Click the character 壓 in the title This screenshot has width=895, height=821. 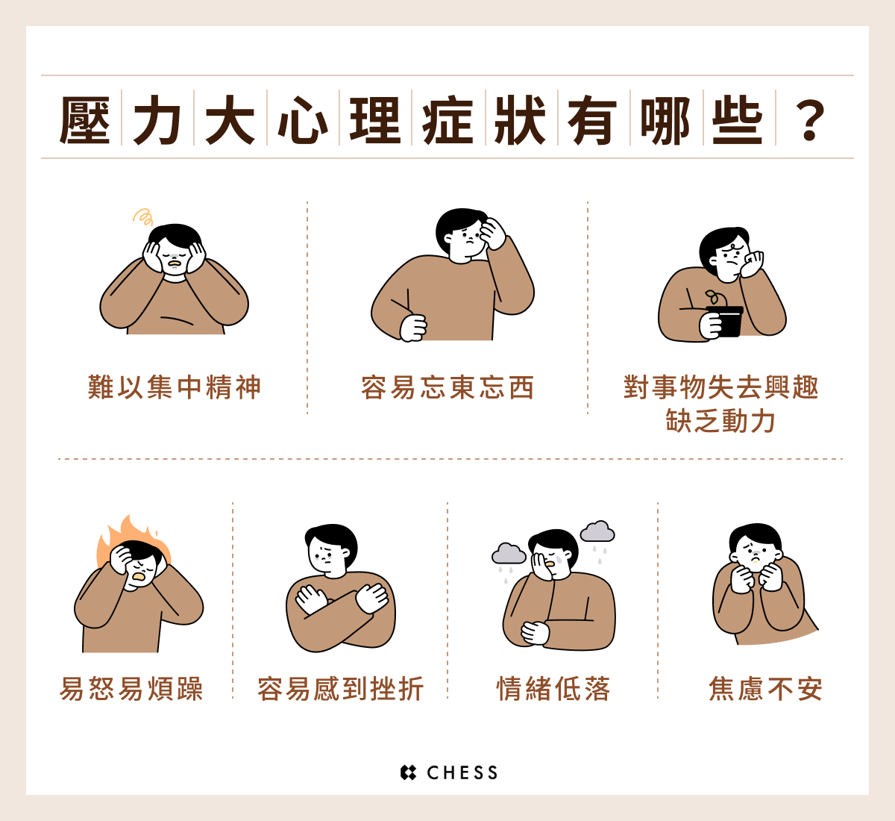[85, 120]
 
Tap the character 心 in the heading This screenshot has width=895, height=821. [303, 120]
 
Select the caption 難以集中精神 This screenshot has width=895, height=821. [174, 387]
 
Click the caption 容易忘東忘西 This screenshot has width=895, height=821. [447, 387]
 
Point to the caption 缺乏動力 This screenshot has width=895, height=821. [720, 420]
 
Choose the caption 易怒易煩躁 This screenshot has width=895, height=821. [131, 689]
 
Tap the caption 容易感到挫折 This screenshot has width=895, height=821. [340, 689]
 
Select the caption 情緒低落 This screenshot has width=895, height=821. [553, 689]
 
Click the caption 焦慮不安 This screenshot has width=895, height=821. [766, 689]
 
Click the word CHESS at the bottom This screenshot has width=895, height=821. [462, 772]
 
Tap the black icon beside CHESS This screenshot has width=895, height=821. [408, 772]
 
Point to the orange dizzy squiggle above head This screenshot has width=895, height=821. [143, 216]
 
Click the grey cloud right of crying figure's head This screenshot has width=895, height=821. [597, 531]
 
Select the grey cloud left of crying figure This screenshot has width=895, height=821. [509, 553]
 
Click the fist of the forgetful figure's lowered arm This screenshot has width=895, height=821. [413, 328]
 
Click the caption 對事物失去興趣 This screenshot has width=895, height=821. [720, 387]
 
